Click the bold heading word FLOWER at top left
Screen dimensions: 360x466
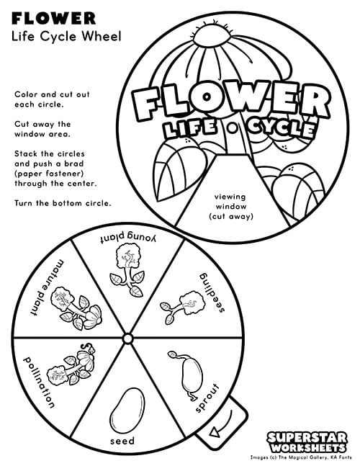click(53, 19)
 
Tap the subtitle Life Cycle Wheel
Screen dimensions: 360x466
click(66, 37)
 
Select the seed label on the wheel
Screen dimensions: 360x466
click(122, 441)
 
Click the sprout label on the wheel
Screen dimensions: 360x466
click(207, 398)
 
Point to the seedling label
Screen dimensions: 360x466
click(212, 292)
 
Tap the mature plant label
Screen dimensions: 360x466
click(48, 287)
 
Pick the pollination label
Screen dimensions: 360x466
click(39, 382)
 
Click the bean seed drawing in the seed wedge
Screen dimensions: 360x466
click(127, 411)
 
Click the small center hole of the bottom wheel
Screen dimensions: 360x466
click(127, 339)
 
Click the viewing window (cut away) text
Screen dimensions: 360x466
click(231, 206)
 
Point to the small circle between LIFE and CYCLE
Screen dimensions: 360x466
click(233, 128)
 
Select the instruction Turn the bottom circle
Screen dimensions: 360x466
click(63, 203)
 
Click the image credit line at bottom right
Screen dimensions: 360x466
click(301, 457)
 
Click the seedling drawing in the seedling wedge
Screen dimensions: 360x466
click(183, 308)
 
